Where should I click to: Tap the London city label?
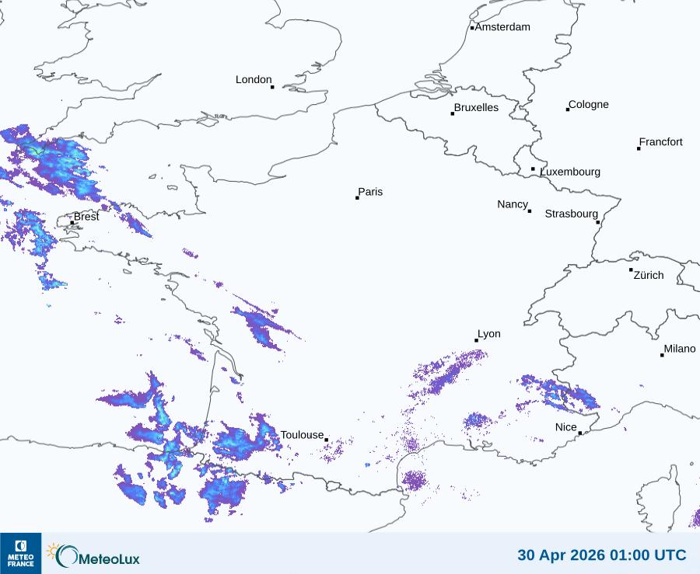(x=254, y=80)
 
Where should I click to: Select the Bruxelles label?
(x=476, y=108)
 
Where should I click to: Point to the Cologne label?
(x=589, y=105)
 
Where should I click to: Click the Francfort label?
(x=660, y=142)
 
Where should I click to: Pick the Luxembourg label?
(x=570, y=172)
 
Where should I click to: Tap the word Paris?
(x=370, y=193)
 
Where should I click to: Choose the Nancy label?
(x=513, y=204)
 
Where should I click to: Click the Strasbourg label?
(x=571, y=214)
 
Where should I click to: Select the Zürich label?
(x=649, y=275)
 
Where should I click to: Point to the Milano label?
(x=679, y=349)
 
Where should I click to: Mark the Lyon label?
(x=488, y=334)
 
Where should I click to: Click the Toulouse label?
(x=302, y=435)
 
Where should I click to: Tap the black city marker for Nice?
(x=580, y=433)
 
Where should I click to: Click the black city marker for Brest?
(x=72, y=222)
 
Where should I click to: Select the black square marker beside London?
(x=272, y=87)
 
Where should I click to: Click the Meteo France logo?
(x=20, y=553)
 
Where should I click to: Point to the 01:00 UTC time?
(x=649, y=555)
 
